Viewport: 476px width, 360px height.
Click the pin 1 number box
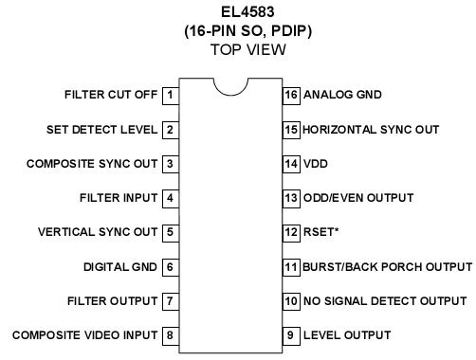(170, 95)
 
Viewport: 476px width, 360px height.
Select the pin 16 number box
(291, 95)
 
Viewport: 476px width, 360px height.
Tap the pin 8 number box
(170, 334)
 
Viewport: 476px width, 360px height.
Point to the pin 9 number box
(291, 334)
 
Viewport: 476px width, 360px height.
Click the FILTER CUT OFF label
(111, 95)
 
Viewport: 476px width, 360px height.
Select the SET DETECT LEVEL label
(101, 129)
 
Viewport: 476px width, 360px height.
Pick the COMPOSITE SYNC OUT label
(92, 164)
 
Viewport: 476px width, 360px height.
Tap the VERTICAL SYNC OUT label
(98, 232)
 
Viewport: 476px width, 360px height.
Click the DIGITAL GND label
(120, 267)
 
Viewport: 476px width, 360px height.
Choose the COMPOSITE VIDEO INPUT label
(84, 334)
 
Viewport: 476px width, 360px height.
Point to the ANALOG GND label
(343, 95)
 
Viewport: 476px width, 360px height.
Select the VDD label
(316, 164)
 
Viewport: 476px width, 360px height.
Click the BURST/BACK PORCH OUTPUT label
(387, 267)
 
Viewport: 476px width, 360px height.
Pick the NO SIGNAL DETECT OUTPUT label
(384, 301)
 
